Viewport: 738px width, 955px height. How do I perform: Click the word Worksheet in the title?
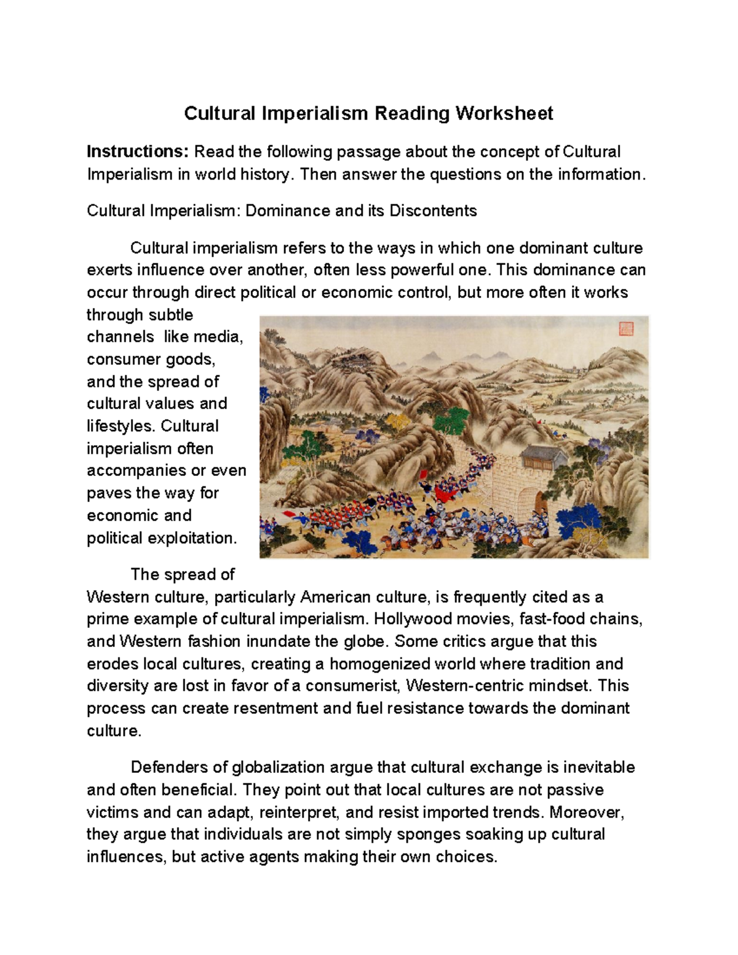tap(504, 113)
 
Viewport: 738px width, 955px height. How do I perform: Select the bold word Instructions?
tap(132, 151)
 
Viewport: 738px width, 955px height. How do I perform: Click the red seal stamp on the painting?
tap(625, 328)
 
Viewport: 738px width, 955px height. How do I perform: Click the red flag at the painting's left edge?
tap(288, 514)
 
